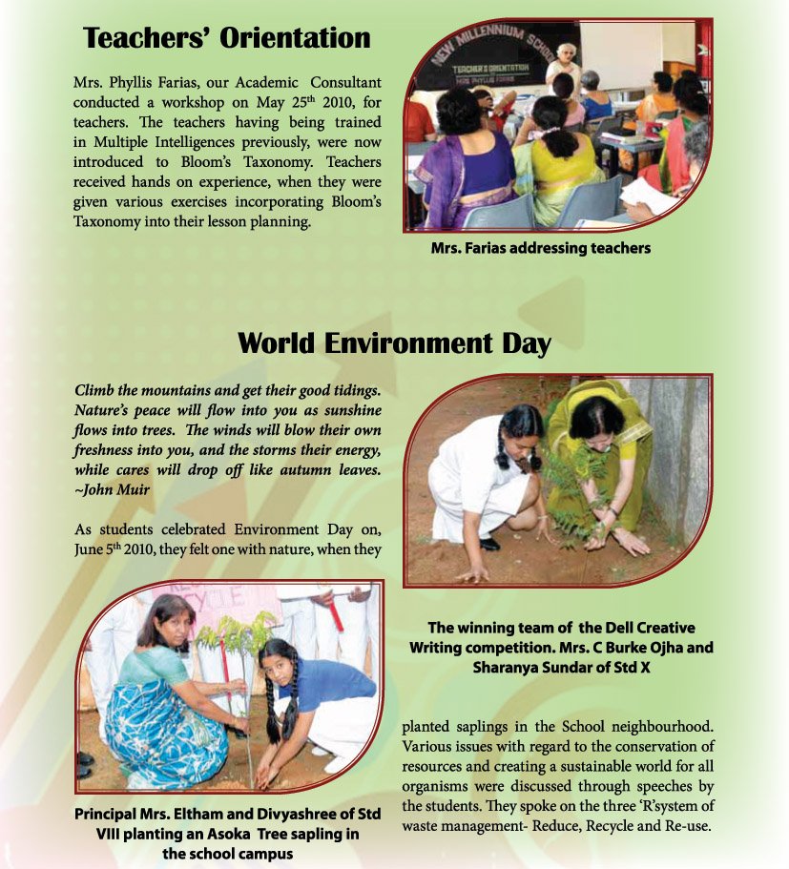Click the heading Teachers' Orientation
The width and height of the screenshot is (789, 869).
(x=226, y=38)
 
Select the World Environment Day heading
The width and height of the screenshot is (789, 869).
(x=394, y=342)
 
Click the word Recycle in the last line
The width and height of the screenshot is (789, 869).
(x=588, y=825)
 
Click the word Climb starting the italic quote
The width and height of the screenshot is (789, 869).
(x=93, y=391)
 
